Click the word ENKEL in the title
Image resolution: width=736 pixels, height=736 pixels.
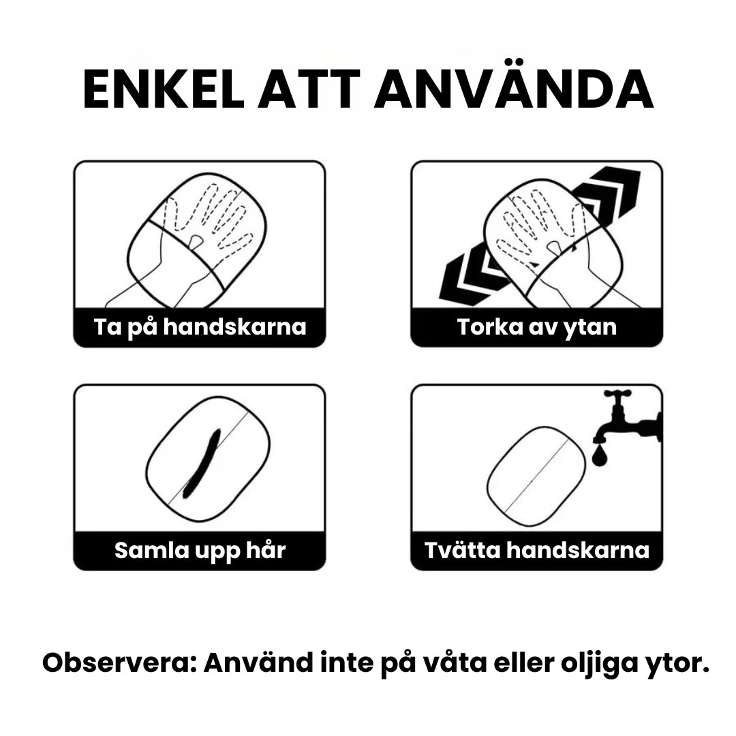(164, 90)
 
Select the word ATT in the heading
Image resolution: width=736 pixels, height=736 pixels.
(309, 90)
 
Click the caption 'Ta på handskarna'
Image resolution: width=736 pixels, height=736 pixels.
(200, 326)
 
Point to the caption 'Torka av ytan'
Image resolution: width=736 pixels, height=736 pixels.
(536, 327)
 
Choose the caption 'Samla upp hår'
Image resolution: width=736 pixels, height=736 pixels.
(200, 550)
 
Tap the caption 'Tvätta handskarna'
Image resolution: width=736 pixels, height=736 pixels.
(536, 550)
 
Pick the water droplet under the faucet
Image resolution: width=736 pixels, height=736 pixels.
(600, 455)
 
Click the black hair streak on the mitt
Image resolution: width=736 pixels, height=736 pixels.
(202, 463)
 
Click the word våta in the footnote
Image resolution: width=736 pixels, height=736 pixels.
(454, 663)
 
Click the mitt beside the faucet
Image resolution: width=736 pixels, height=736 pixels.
(536, 476)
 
